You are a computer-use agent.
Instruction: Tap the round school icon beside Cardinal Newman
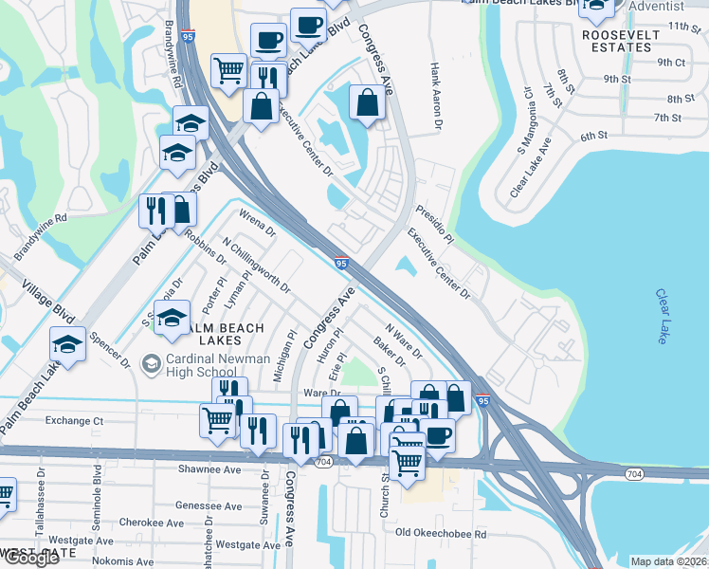(x=150, y=363)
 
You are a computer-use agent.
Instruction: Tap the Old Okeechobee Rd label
(x=441, y=534)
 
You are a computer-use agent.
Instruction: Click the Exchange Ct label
(x=74, y=419)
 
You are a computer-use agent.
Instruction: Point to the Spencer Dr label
(x=110, y=349)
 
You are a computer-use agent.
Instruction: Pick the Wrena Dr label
(x=257, y=223)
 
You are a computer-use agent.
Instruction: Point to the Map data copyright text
(x=669, y=561)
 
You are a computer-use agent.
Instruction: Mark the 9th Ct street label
(x=671, y=63)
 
